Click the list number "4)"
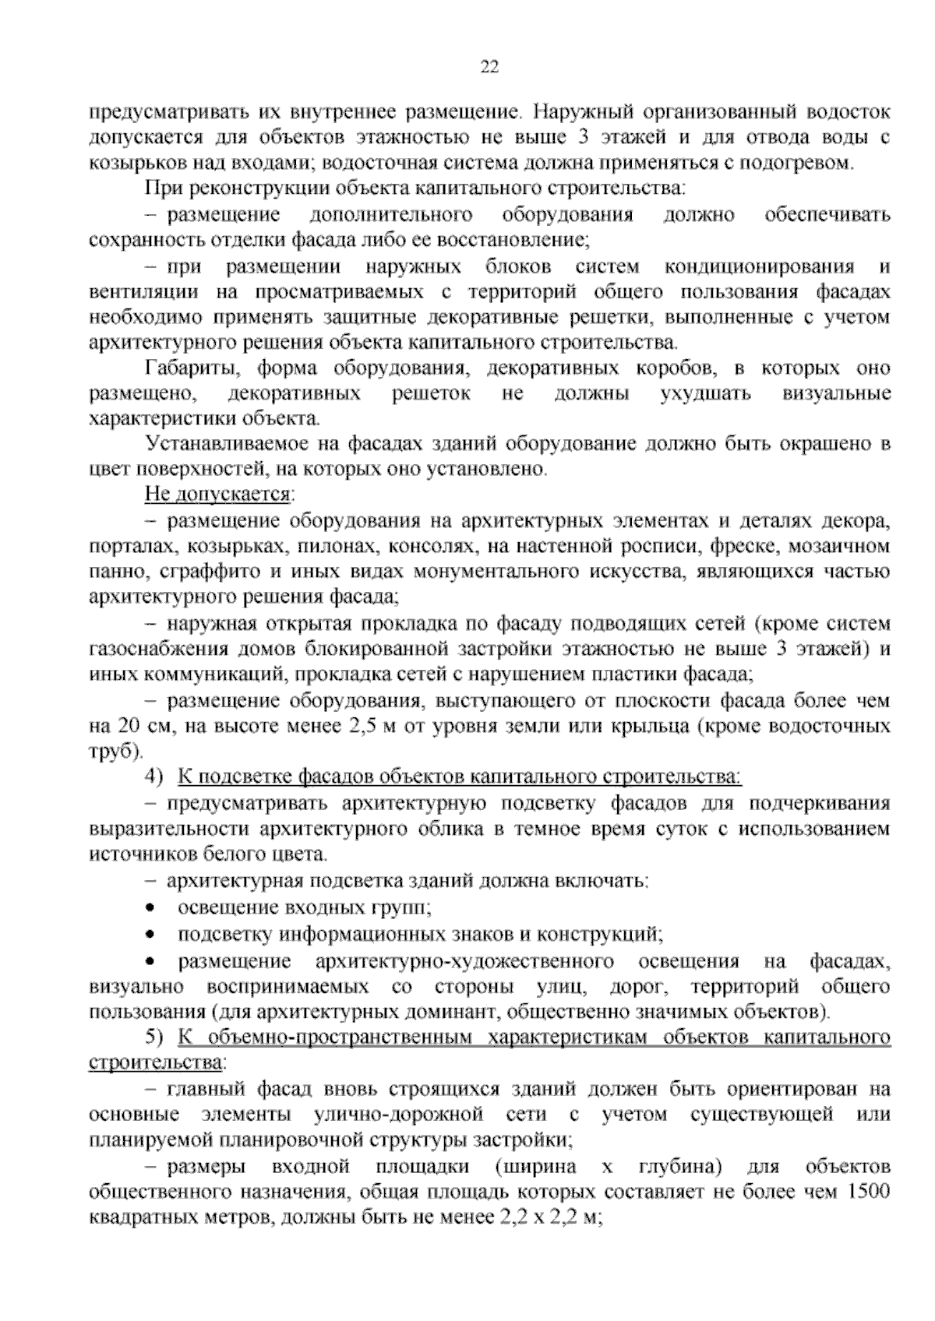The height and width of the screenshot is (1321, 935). (x=154, y=777)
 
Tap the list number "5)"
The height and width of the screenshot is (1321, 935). (x=154, y=1038)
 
